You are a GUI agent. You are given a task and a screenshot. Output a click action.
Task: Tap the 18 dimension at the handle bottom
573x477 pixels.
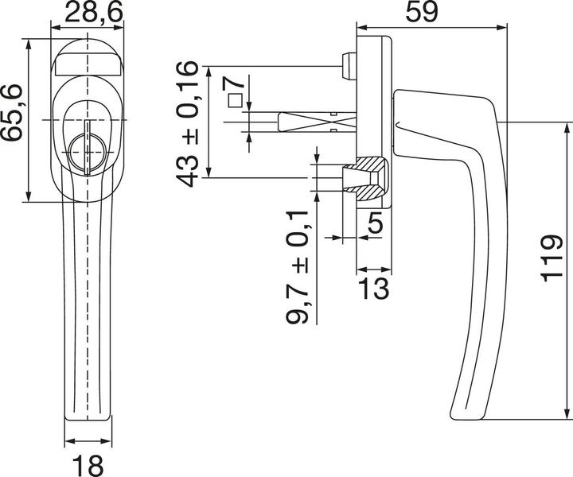pyautogui.click(x=88, y=462)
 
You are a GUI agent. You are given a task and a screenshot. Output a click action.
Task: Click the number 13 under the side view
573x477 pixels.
pyautogui.click(x=373, y=288)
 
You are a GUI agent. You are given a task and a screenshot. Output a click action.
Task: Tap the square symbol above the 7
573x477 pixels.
pyautogui.click(x=235, y=100)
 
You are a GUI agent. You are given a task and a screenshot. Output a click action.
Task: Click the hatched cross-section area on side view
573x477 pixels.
pyautogui.click(x=368, y=176)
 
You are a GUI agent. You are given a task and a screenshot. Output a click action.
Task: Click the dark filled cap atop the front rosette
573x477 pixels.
pyautogui.click(x=88, y=60)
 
